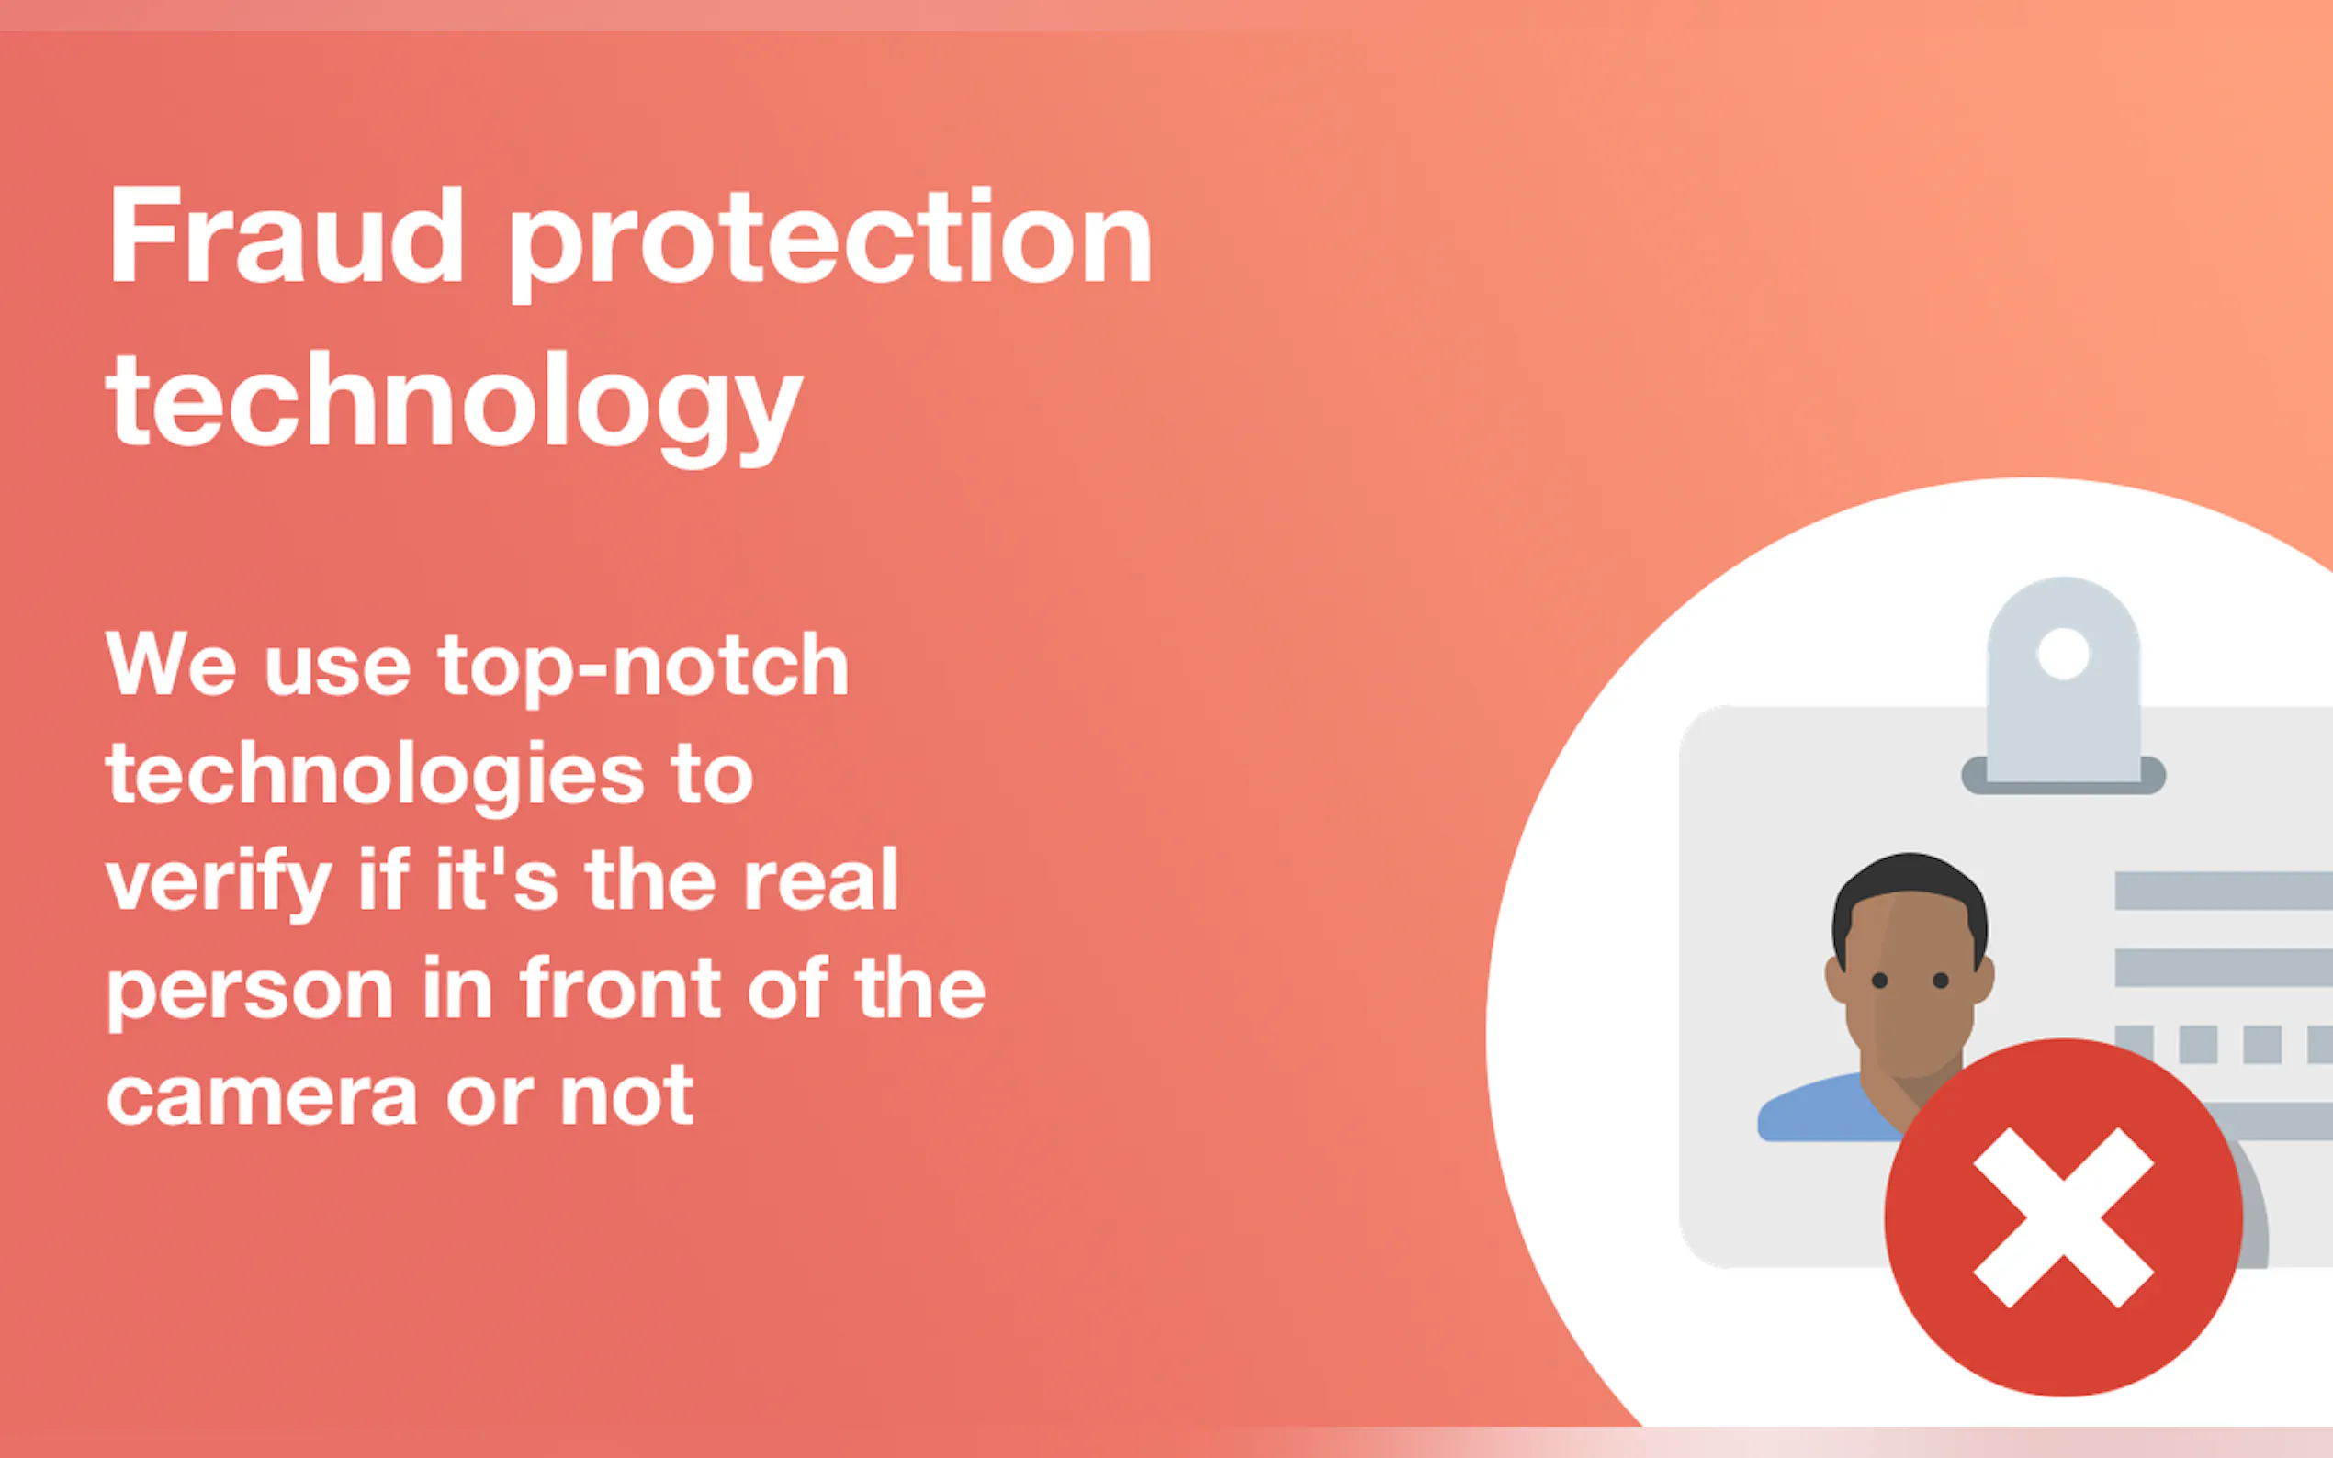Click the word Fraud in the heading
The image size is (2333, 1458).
pos(287,235)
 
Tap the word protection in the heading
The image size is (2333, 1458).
pos(830,244)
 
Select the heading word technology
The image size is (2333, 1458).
pos(455,409)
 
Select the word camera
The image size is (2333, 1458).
pos(262,1096)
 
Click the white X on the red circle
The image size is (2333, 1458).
pos(2064,1217)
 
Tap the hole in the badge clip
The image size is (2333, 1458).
pos(2063,654)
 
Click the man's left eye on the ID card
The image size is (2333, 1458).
pos(1878,981)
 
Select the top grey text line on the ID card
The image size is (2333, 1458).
pos(2223,891)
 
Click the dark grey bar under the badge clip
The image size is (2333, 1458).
pos(2064,776)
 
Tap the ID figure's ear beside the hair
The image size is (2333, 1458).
pos(1835,981)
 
